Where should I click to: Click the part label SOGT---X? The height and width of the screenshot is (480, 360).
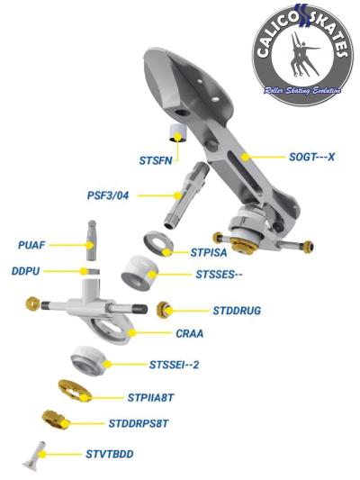tap(311, 157)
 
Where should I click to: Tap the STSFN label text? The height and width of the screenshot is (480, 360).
tap(156, 160)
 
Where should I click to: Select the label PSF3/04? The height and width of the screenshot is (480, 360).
tap(108, 195)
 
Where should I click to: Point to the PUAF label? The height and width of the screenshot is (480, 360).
tap(31, 245)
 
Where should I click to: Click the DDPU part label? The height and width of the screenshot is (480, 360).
tap(26, 271)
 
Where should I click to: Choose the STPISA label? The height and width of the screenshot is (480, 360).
tap(209, 252)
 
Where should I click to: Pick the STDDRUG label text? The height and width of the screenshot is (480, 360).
tap(237, 311)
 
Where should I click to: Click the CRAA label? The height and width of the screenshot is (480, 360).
tap(190, 333)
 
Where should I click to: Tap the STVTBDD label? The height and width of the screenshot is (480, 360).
tap(110, 454)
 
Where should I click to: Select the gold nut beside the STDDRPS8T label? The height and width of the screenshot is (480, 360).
tap(55, 420)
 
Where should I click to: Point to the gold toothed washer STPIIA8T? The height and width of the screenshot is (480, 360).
tap(75, 391)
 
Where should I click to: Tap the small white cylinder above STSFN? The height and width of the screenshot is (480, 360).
tap(178, 133)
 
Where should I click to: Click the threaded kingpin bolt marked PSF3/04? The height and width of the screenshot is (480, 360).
tap(186, 195)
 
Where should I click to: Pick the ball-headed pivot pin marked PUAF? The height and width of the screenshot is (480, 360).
tap(92, 240)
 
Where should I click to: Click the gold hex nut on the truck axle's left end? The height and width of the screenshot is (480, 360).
tap(32, 304)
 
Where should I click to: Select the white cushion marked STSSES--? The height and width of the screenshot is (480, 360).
tap(139, 273)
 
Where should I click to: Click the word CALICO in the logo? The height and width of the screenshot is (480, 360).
tap(277, 38)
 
